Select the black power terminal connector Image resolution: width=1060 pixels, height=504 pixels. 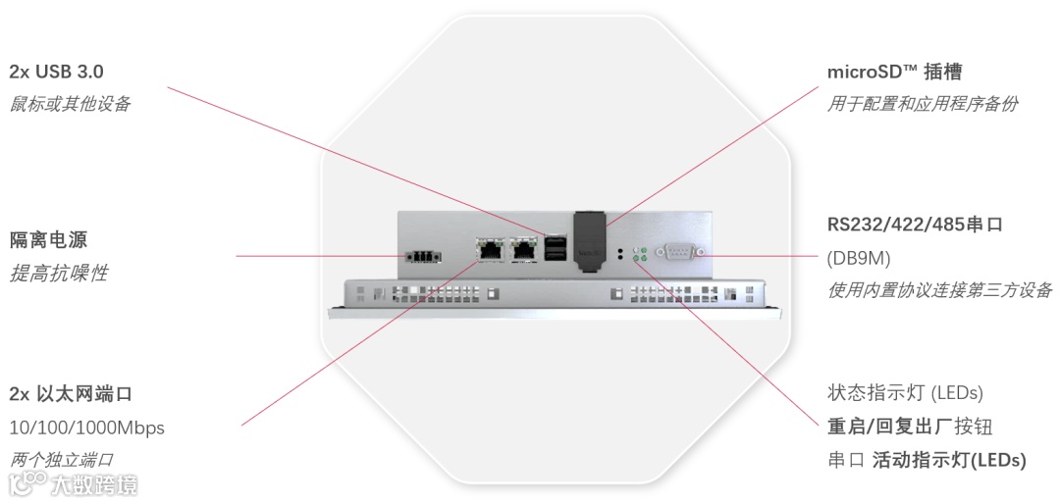pyautogui.click(x=421, y=256)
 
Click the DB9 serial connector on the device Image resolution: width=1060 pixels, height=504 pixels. pyautogui.click(x=679, y=253)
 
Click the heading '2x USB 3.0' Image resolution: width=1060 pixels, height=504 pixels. pyautogui.click(x=56, y=72)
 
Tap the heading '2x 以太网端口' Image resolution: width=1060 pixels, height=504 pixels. pyautogui.click(x=71, y=394)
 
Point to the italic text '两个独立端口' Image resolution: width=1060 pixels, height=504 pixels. pyautogui.click(x=62, y=459)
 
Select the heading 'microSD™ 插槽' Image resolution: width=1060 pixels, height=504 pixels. pyautogui.click(x=894, y=72)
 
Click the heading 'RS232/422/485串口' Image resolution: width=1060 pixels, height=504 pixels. pyautogui.click(x=915, y=225)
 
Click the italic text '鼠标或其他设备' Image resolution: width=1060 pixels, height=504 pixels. pyautogui.click(x=70, y=104)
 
